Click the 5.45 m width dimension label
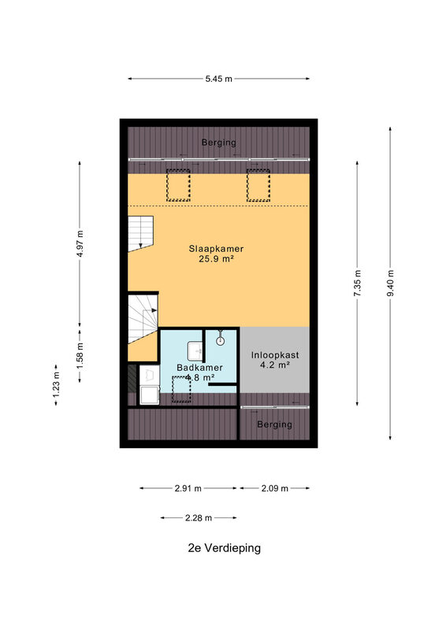[219, 79]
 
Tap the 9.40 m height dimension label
[391, 283]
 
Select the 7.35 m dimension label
[358, 283]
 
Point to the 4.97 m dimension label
[80, 243]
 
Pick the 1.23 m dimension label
[56, 385]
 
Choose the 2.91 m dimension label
[188, 488]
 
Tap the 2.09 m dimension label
[275, 488]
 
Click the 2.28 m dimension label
[199, 518]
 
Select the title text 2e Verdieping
[224, 548]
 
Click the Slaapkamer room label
[216, 249]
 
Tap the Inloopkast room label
[275, 355]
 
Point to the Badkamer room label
[199, 368]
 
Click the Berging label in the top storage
[219, 143]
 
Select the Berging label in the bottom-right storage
[275, 424]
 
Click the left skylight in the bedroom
[178, 185]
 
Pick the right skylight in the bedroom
[258, 185]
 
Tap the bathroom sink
[195, 351]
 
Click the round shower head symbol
[220, 342]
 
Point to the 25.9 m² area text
[216, 259]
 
